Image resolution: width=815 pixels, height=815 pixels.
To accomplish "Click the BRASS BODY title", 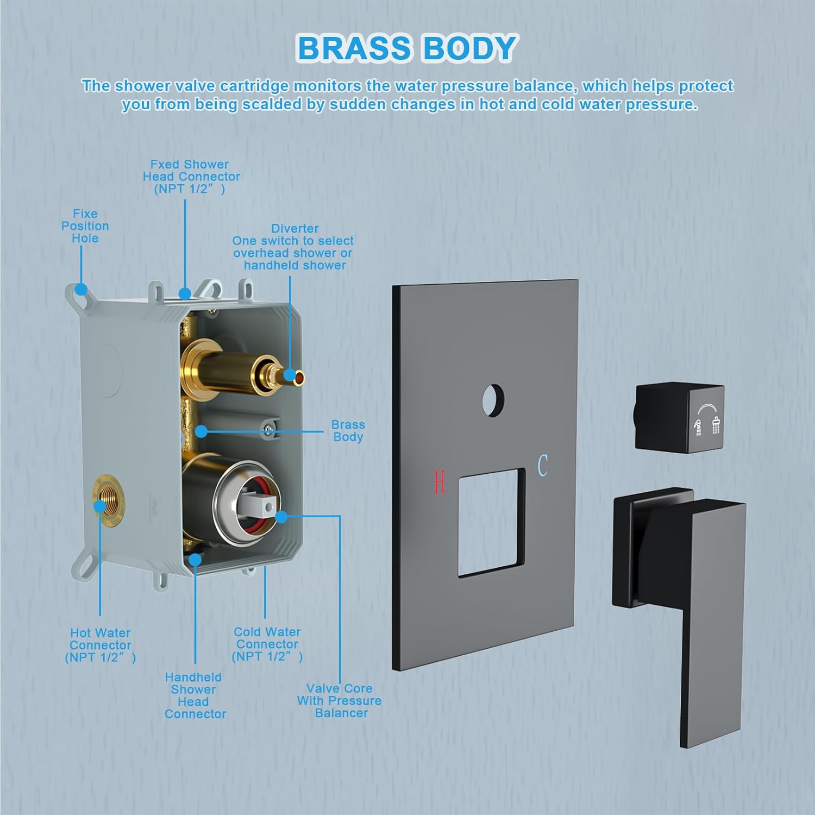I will click(x=406, y=48).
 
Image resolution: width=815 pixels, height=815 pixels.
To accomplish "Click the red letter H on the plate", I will click(x=440, y=482).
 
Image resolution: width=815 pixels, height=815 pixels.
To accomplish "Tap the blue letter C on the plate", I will click(x=542, y=466).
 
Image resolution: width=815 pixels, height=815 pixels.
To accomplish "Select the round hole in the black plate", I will click(x=493, y=401).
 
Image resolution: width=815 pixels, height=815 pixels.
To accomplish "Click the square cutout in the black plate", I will click(x=491, y=522).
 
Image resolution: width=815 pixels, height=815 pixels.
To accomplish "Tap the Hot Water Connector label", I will click(x=101, y=645).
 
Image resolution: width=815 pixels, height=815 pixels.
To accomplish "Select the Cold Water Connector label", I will click(x=267, y=644).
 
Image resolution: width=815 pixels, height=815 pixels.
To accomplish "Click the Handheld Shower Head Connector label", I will click(x=195, y=695).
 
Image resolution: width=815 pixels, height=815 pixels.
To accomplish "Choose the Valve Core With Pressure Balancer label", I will click(x=340, y=701).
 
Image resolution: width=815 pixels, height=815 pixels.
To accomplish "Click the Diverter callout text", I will click(x=293, y=247).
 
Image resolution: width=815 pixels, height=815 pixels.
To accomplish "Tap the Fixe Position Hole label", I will click(x=85, y=226).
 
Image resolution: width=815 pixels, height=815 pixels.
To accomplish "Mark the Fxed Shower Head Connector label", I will click(x=191, y=177).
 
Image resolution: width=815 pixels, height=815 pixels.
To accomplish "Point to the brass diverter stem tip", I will click(x=294, y=375).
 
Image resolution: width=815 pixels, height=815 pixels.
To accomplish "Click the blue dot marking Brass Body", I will click(x=202, y=431).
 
